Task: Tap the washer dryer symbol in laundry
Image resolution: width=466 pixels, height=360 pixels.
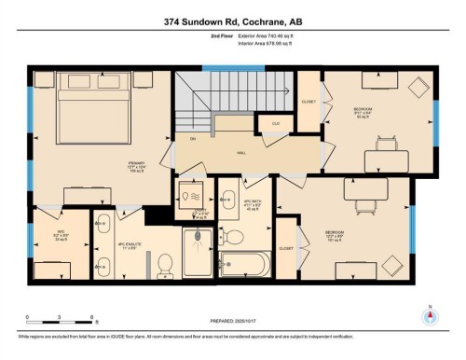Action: (x=195, y=198)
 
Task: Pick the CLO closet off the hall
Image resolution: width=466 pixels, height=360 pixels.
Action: (x=275, y=122)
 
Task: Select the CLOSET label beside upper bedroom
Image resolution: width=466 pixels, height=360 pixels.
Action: (x=308, y=101)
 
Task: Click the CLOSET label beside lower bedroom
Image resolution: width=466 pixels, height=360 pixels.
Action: (x=286, y=249)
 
